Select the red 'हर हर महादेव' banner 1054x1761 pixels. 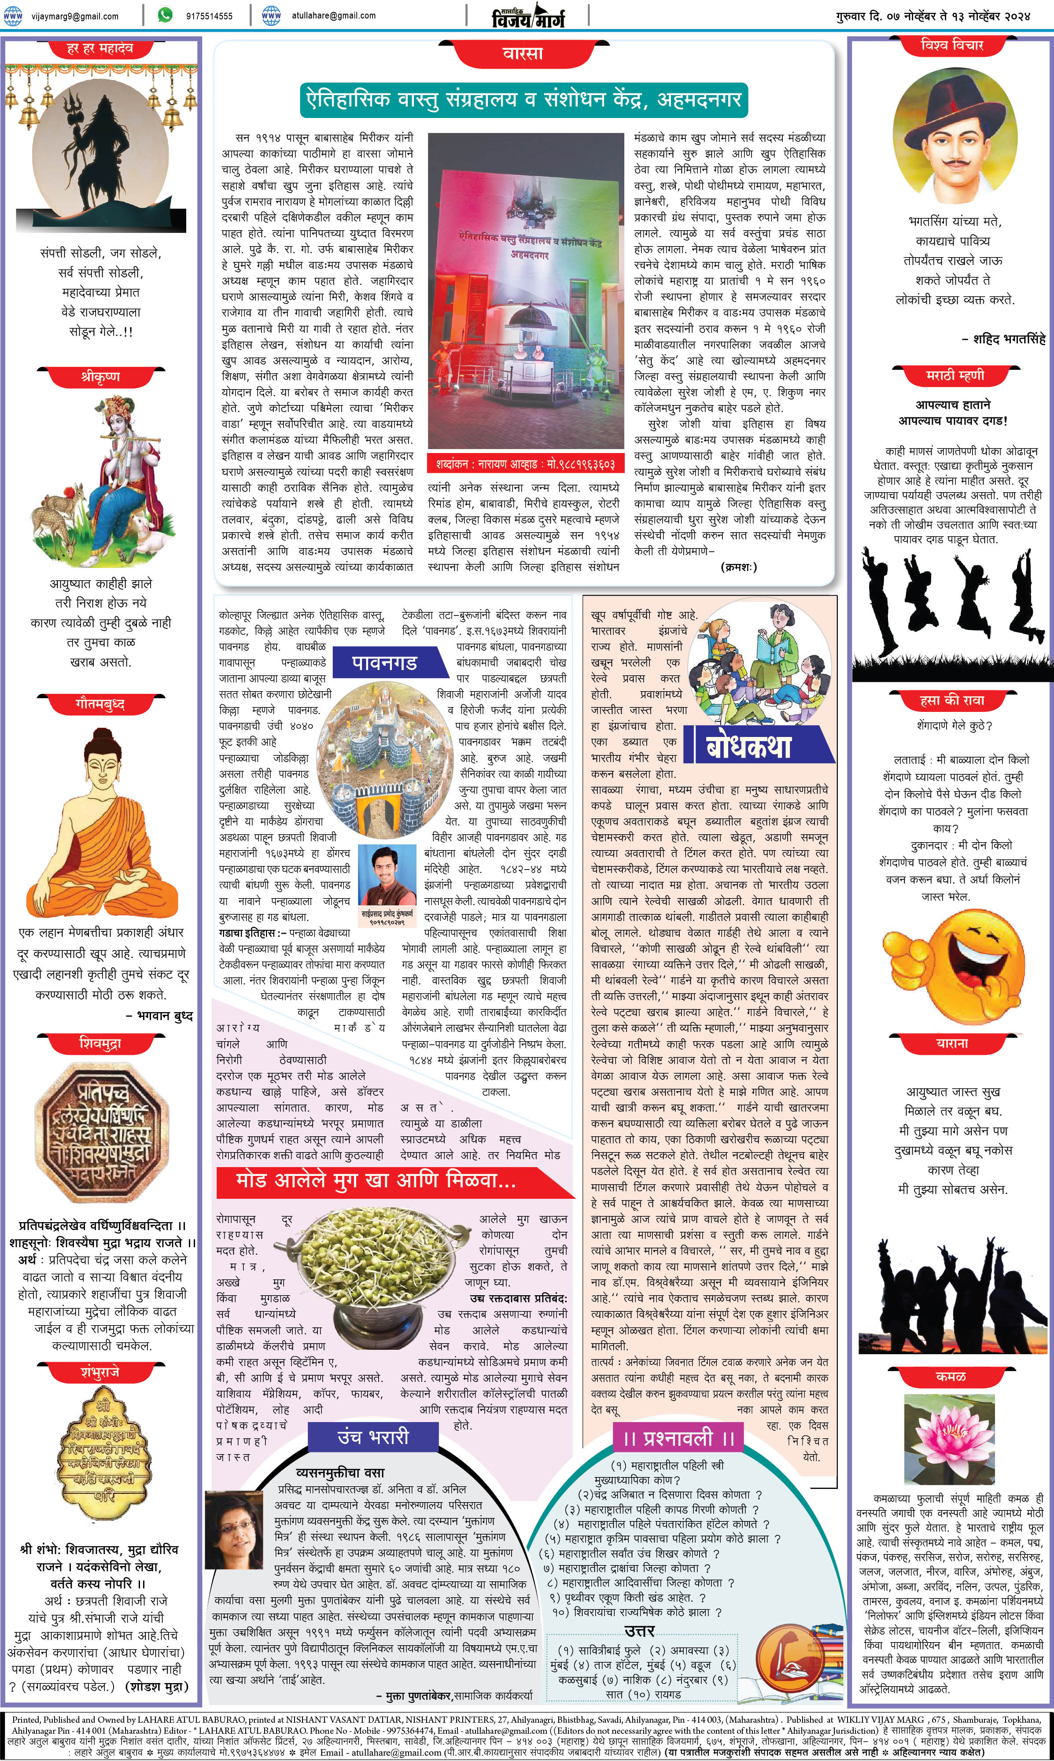tap(100, 48)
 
